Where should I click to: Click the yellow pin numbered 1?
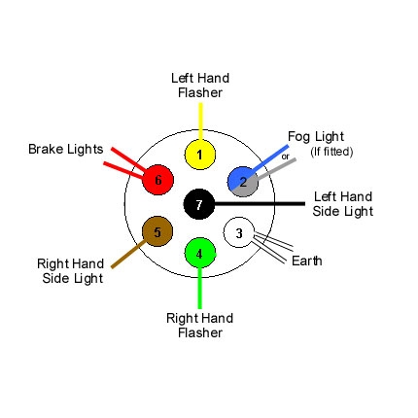point(199,154)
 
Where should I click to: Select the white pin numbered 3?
point(239,233)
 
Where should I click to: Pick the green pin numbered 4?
point(199,255)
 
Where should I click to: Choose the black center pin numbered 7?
point(199,204)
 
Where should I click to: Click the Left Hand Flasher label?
point(199,86)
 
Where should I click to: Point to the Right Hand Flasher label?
point(199,325)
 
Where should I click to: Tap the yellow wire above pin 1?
point(199,122)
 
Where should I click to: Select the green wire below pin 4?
point(199,287)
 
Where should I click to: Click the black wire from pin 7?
point(262,204)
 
